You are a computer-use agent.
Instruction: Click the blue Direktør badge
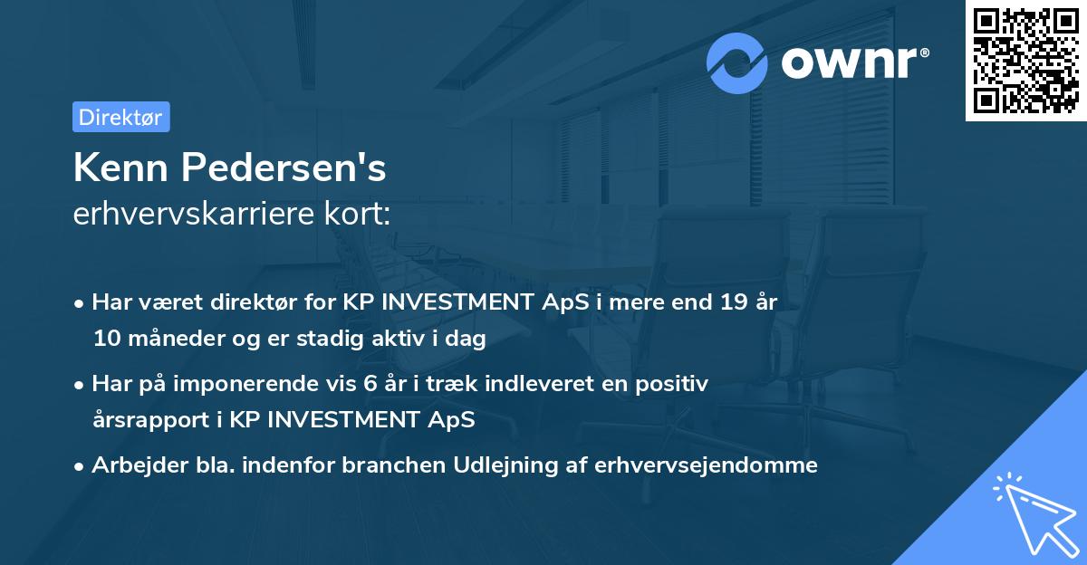click(120, 117)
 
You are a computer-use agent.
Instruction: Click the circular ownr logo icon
click(737, 62)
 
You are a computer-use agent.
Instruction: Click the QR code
click(1025, 60)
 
